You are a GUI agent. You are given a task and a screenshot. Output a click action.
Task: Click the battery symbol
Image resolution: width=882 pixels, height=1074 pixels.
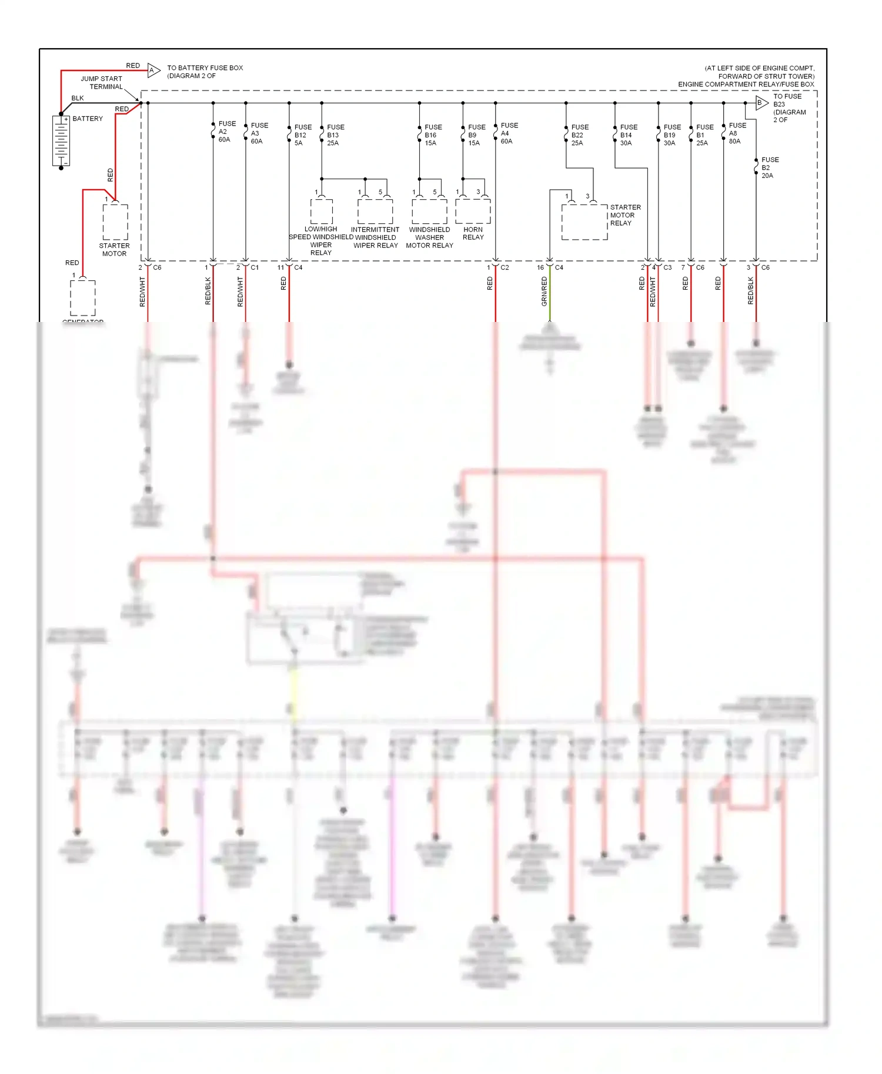pyautogui.click(x=61, y=140)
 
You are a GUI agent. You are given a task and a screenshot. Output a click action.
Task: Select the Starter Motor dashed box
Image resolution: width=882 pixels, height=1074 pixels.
pyautogui.click(x=115, y=221)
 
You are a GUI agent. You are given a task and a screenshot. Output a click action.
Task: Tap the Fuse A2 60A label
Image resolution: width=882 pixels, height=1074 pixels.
pyautogui.click(x=226, y=132)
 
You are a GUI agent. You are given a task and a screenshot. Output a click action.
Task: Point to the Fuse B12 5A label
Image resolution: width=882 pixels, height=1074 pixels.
pyautogui.click(x=302, y=135)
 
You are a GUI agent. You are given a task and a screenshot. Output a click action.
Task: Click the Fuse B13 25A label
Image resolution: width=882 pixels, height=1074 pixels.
pyautogui.click(x=335, y=135)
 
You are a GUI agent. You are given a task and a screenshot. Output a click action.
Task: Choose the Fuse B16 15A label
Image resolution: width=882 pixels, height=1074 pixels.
pyautogui.click(x=433, y=135)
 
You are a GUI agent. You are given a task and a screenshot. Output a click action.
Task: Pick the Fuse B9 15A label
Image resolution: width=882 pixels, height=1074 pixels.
pyautogui.click(x=476, y=135)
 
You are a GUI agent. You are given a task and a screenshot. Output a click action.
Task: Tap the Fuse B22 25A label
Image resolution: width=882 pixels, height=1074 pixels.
pyautogui.click(x=579, y=135)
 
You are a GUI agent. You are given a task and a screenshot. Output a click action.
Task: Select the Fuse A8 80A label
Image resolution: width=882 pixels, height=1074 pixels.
pyautogui.click(x=737, y=133)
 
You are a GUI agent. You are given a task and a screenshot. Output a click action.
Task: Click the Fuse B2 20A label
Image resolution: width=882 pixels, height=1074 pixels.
pyautogui.click(x=769, y=167)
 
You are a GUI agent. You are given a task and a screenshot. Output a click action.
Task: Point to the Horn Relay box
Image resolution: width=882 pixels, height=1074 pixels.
pyautogui.click(x=473, y=211)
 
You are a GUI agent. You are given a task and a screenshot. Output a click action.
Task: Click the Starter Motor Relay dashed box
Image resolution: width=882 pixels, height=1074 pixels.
pyautogui.click(x=584, y=221)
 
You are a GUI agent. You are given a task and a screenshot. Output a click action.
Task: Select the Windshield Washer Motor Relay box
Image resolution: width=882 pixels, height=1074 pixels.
pyautogui.click(x=429, y=211)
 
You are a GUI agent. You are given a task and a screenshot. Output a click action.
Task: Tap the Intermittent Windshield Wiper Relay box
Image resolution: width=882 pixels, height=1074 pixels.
pyautogui.click(x=375, y=211)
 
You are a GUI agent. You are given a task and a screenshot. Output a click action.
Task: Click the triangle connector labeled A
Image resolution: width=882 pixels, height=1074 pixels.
pyautogui.click(x=153, y=71)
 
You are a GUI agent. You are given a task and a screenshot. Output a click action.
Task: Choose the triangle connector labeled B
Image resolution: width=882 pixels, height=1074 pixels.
pyautogui.click(x=761, y=103)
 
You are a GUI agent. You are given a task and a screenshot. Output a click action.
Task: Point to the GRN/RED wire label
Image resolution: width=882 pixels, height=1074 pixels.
pyautogui.click(x=544, y=291)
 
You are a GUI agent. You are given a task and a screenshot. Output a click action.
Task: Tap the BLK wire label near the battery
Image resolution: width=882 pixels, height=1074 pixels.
pyautogui.click(x=78, y=98)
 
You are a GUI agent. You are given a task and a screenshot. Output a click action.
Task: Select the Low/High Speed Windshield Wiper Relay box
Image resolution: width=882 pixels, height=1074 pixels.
pyautogui.click(x=322, y=211)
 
